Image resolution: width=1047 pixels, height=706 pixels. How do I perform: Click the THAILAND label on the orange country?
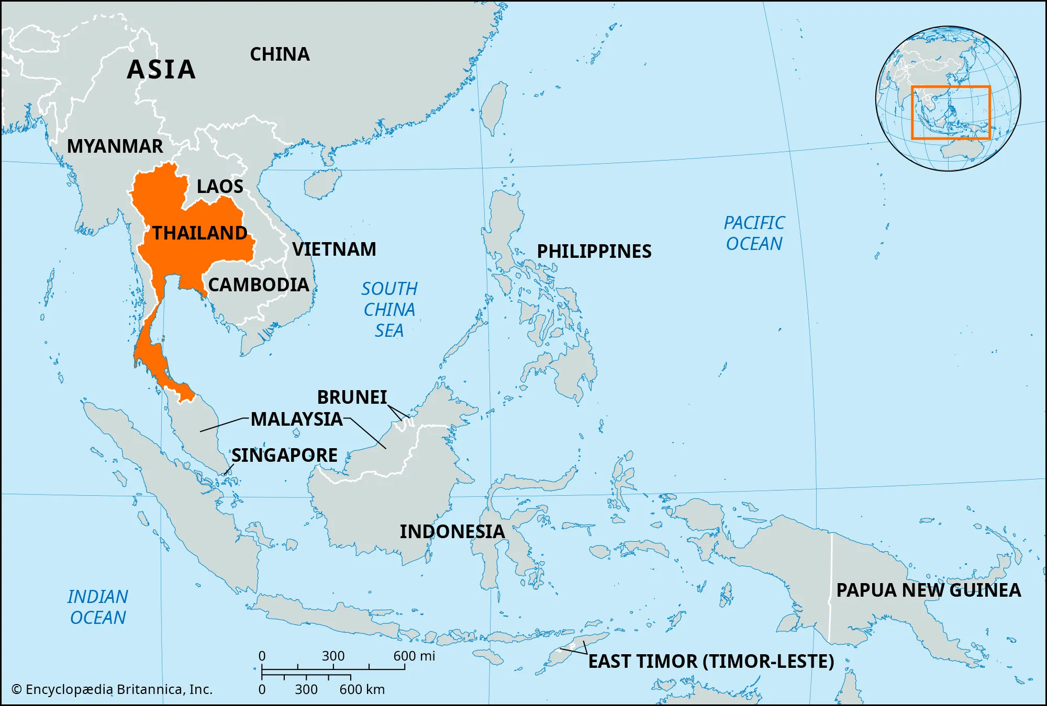coord(199,233)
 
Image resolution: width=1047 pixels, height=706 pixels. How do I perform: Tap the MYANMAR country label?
coord(115,146)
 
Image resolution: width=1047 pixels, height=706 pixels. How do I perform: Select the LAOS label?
coord(220,186)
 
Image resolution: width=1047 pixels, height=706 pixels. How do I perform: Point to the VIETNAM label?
coord(334,249)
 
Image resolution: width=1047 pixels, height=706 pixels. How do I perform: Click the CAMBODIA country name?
coord(259,284)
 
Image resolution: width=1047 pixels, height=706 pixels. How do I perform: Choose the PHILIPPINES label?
coord(594,251)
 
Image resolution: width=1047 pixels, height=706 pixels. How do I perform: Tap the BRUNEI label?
coord(352,397)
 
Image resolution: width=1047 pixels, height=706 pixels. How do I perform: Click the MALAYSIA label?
coord(296,419)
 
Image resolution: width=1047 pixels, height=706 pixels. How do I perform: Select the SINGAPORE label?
coord(284,455)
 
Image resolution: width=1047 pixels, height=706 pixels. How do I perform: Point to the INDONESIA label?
coord(452,531)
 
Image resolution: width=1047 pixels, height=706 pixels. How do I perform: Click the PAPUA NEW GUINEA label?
coord(928,590)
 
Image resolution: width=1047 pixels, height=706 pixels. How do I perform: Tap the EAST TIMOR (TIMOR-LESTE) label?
coord(711,661)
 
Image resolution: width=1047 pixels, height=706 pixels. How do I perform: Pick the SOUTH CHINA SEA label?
coord(389,309)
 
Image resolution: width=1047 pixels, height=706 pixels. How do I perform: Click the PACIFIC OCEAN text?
coord(754,233)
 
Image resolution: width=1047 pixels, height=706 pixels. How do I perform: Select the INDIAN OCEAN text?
coord(98,607)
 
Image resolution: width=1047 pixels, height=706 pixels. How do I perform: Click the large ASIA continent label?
coord(161,70)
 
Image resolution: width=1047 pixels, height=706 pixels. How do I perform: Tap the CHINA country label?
coord(280,54)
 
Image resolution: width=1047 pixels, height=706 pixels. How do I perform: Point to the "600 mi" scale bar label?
coord(414,656)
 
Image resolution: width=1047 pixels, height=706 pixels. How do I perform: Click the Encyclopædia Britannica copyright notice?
coord(112,689)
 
